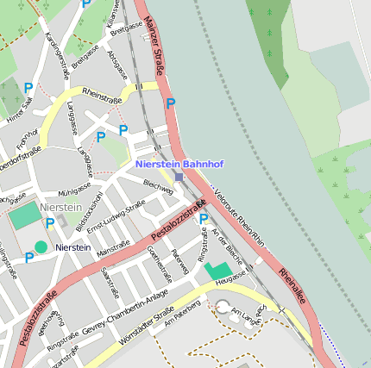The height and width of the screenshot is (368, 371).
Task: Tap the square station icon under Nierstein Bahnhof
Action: pos(179,177)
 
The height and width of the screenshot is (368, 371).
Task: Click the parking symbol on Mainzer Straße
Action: pos(171,103)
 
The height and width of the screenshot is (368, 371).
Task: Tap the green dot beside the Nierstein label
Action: pos(41,247)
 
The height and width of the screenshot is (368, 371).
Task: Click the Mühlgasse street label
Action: pos(74,189)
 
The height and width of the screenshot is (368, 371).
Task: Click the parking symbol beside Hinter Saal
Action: pos(28,87)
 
